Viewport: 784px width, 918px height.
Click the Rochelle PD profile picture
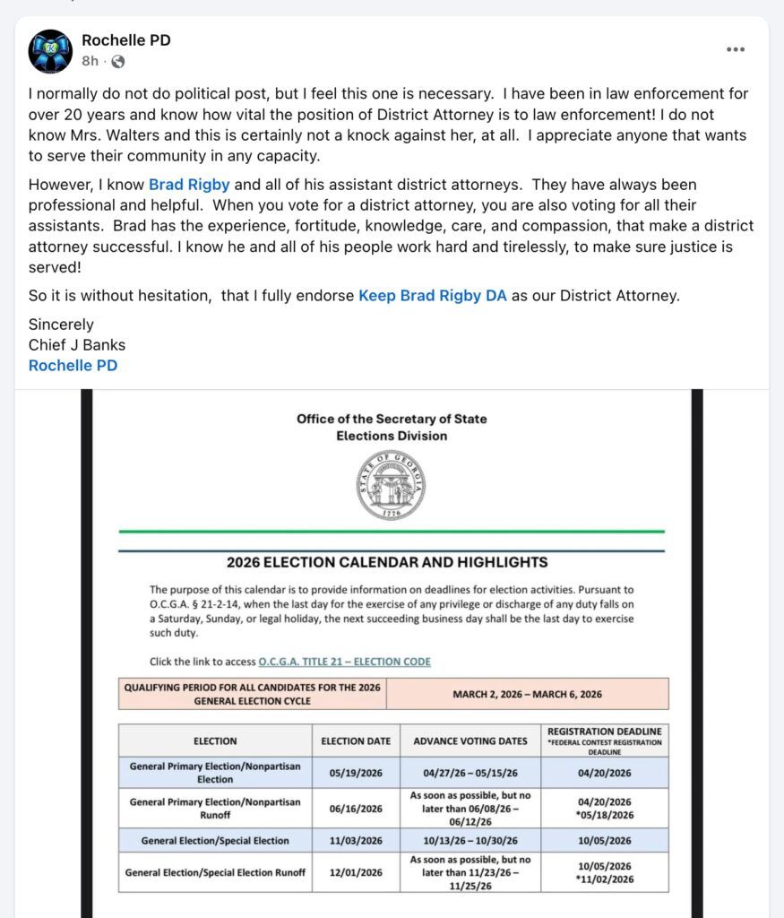tap(50, 51)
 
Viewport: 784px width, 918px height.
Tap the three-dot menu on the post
tap(736, 50)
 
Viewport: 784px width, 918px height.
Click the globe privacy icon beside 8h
tap(117, 62)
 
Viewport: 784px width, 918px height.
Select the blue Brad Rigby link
tap(189, 186)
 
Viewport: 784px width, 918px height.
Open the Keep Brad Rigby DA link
tap(433, 295)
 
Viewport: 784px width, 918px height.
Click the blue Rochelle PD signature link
tap(73, 365)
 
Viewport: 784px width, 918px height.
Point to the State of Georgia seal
tap(392, 486)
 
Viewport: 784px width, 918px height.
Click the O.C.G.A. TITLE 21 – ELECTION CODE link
tap(344, 662)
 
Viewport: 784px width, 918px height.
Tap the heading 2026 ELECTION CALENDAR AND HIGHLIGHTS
tap(387, 563)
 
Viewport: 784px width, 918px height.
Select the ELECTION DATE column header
tap(356, 741)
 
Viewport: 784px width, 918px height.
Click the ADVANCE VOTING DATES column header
tap(470, 741)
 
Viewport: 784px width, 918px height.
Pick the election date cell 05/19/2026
tap(356, 773)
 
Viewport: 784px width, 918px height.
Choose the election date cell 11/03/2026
tap(356, 841)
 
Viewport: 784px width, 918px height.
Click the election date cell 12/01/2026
tap(356, 872)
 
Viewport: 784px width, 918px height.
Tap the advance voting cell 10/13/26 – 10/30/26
tap(470, 841)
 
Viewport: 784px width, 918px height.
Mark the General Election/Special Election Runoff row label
tap(215, 872)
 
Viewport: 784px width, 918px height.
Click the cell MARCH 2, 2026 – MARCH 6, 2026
tap(527, 694)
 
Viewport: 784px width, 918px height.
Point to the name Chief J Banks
tap(77, 345)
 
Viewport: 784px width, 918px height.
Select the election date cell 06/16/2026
tap(356, 808)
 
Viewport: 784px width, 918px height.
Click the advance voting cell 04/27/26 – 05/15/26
tap(470, 773)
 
